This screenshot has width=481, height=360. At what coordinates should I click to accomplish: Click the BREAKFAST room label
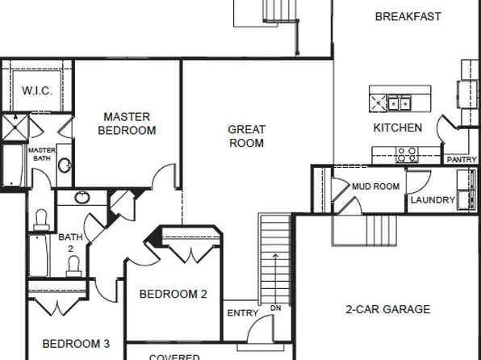tap(408, 16)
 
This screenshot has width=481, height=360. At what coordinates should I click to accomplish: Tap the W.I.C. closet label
tap(37, 90)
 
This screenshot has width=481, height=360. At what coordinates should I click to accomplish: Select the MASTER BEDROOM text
tap(127, 123)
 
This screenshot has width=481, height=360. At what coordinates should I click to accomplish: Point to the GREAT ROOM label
tap(246, 136)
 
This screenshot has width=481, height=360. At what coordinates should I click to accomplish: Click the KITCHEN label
tap(397, 128)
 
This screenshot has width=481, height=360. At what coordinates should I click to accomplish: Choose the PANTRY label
tap(461, 160)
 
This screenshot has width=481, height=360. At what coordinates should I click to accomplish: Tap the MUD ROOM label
tap(375, 186)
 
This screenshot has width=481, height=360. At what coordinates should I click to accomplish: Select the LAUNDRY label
tap(433, 200)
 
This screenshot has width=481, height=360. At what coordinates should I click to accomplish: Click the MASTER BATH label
tap(41, 154)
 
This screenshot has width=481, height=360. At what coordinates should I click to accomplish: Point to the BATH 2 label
tap(70, 243)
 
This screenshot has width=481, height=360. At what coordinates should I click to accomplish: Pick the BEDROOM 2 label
tap(174, 295)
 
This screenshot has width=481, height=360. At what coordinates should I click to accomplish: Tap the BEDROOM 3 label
tap(76, 343)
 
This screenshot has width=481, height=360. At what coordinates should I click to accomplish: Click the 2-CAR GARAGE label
tap(387, 309)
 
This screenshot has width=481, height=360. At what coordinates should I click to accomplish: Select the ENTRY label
tap(242, 313)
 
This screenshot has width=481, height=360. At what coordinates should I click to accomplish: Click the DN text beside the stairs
tap(275, 308)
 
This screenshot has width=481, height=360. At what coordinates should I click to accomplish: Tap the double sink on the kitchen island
tap(397, 103)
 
